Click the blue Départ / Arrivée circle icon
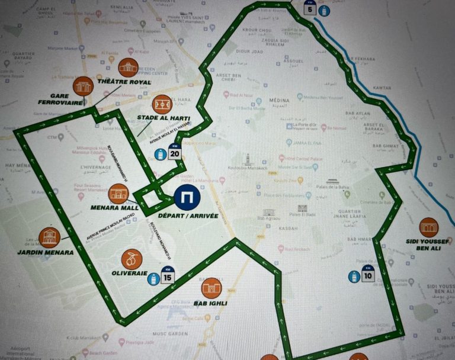coord(187,198)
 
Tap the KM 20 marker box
coord(175,153)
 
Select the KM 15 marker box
coord(168,275)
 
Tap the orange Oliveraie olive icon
coord(132,259)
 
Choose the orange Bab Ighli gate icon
coord(212,288)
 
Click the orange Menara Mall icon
coord(119,194)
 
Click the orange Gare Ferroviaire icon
coord(84,86)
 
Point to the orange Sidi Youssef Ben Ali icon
coord(428,227)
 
